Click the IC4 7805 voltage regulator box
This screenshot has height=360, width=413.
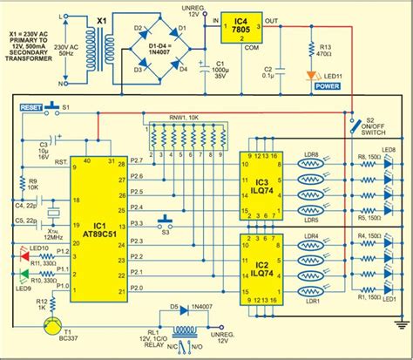(x=235, y=27)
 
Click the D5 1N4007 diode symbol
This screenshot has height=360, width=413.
(x=185, y=308)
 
